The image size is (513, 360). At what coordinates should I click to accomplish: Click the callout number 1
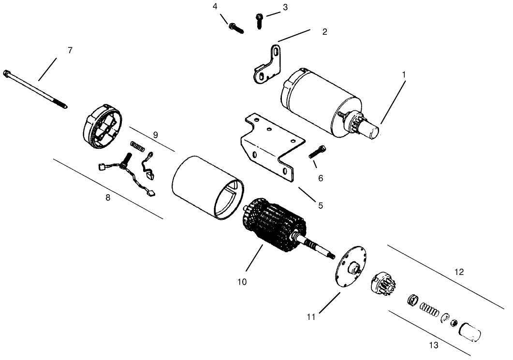point(404,75)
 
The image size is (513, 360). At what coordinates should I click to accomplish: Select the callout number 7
point(70,50)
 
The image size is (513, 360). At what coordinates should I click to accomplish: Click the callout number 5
point(320,205)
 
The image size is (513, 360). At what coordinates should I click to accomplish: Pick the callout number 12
point(459,272)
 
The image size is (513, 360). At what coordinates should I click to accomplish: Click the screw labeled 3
point(259,20)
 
